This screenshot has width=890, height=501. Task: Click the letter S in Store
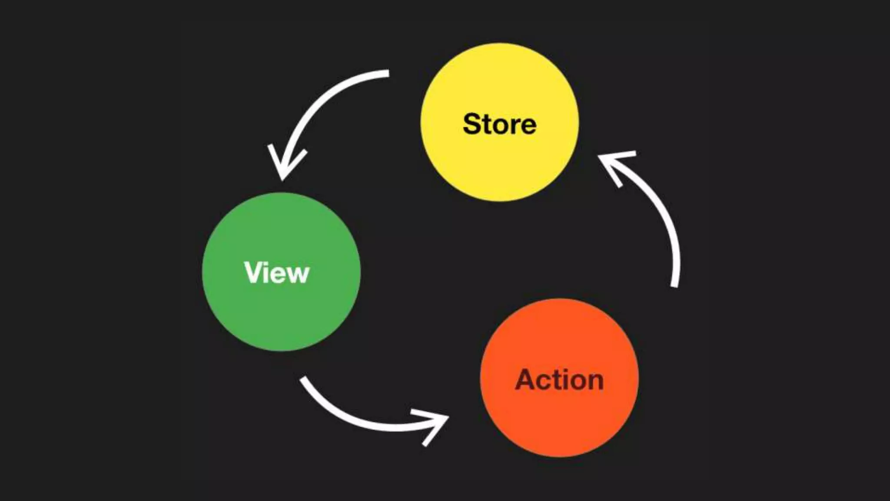pyautogui.click(x=473, y=124)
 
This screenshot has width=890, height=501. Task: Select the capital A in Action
pyautogui.click(x=527, y=379)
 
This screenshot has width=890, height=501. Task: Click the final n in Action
pyautogui.click(x=594, y=382)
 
